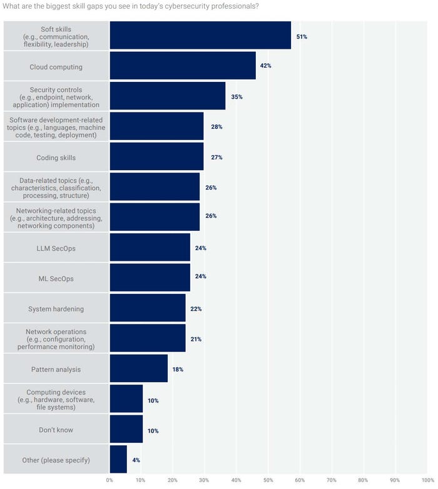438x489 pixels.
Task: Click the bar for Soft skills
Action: pos(200,36)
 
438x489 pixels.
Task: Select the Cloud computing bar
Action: pos(183,66)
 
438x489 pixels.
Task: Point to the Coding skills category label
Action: pos(56,157)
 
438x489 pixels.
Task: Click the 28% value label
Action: pos(216,127)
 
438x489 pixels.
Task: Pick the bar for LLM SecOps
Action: pos(150,248)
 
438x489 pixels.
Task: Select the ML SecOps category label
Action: pos(56,278)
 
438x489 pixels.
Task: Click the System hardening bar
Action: pos(148,309)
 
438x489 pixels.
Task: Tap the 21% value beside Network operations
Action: pos(196,339)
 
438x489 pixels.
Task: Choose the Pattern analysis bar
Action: pos(139,370)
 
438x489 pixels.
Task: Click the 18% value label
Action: pos(178,370)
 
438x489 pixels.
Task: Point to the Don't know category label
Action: pos(56,430)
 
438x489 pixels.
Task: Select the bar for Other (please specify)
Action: pos(118,460)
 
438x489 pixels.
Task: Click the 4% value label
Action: pos(136,460)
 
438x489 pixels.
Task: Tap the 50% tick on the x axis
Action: pos(268,480)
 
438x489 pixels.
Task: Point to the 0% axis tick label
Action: pos(109,480)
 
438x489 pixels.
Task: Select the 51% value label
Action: pos(302,37)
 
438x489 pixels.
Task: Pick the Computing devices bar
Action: pos(126,400)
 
